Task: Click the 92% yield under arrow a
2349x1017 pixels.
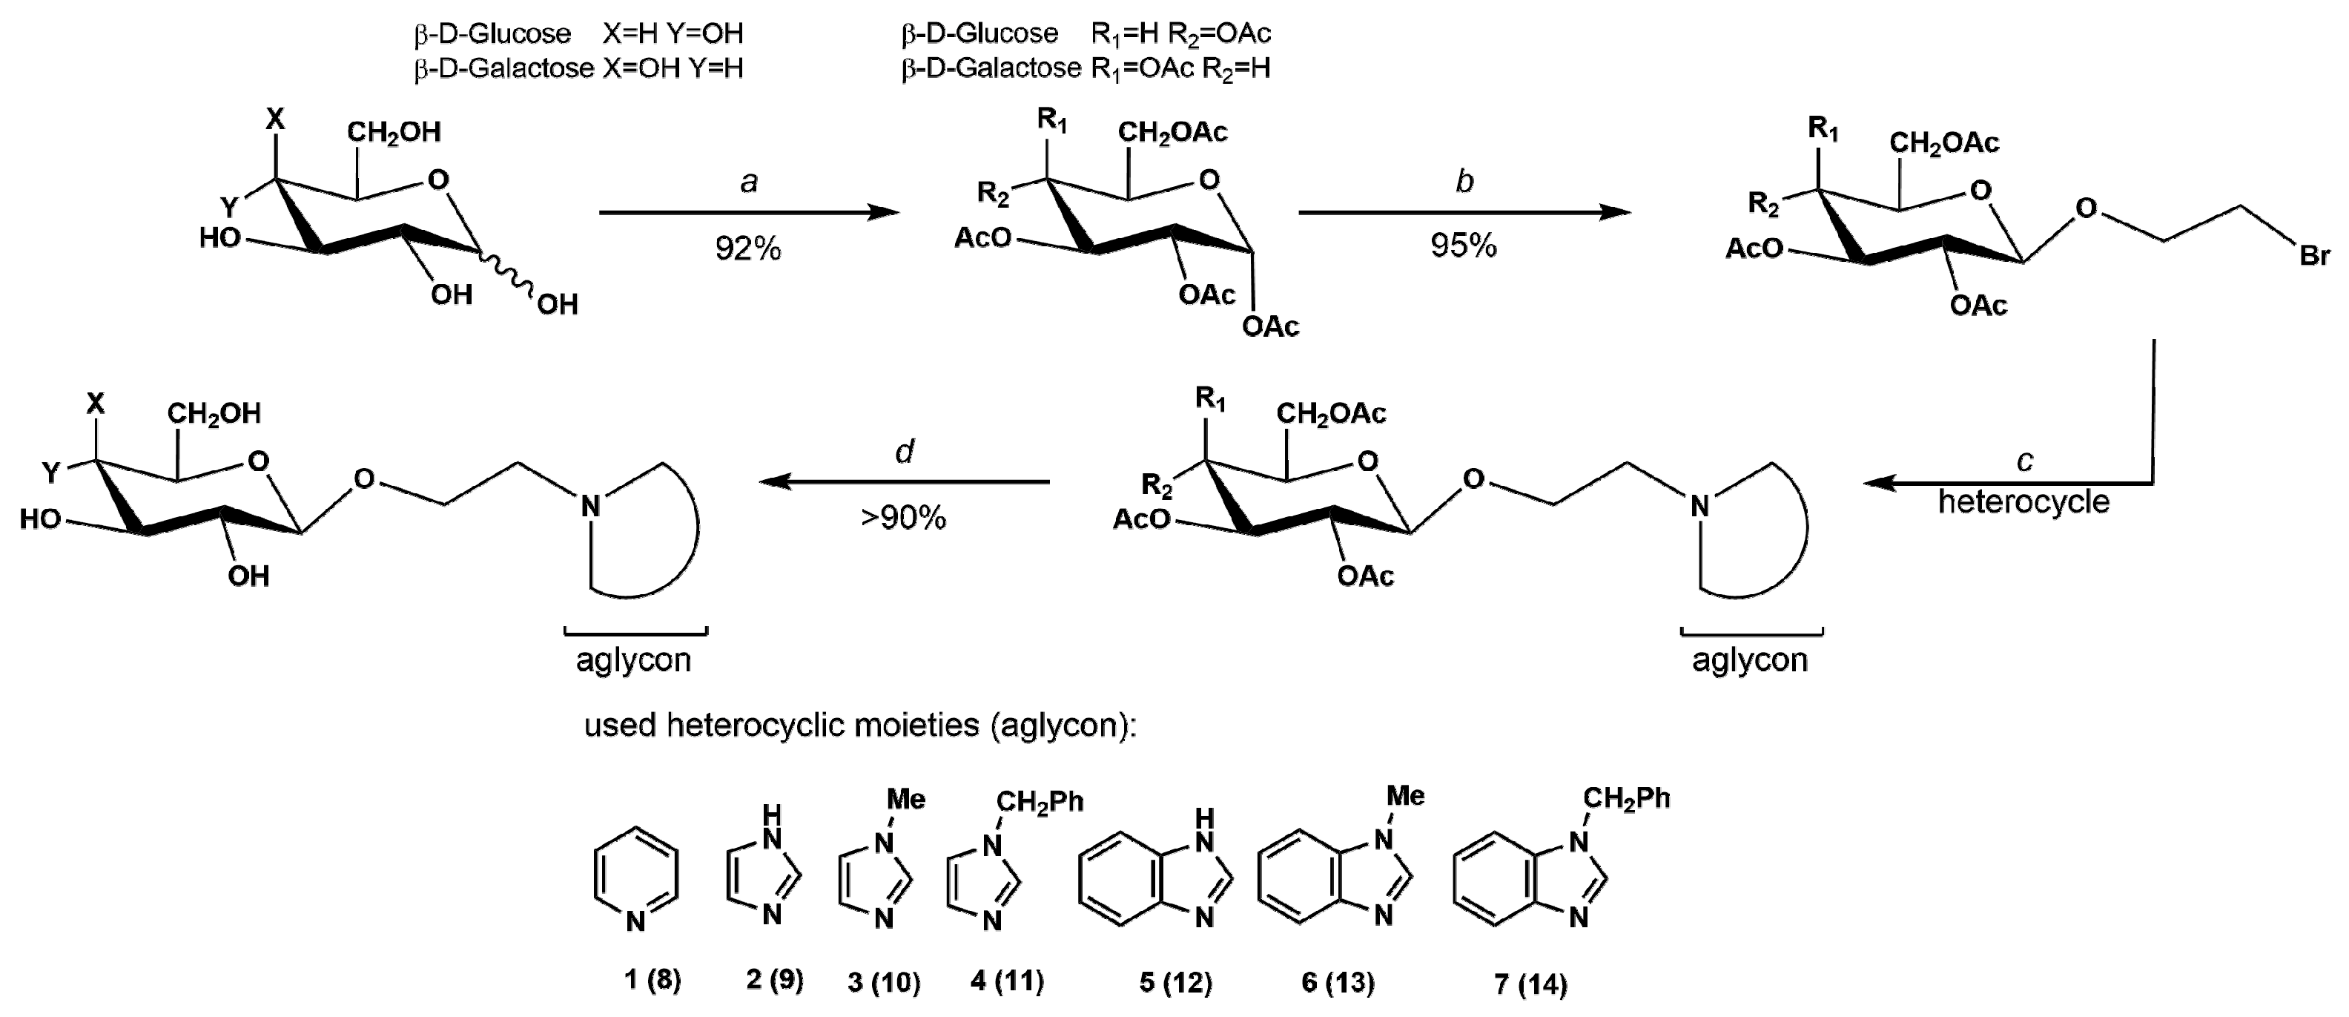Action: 747,248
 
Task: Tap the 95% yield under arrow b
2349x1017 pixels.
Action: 1463,246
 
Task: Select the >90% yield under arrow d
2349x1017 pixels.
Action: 903,518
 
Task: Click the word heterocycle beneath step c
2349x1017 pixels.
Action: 2023,501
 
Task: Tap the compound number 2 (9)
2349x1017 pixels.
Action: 774,981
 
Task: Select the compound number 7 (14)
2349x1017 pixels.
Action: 1530,984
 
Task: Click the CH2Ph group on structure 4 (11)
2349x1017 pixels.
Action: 1039,802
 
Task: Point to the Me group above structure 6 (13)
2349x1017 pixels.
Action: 1404,796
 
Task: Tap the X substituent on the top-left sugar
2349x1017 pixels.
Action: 274,119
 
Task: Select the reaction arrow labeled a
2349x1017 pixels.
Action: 747,212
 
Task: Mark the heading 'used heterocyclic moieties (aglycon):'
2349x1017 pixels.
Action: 860,725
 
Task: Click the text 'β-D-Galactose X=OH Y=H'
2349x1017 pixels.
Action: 578,68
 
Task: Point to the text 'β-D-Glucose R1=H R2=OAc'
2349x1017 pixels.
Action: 1085,33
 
